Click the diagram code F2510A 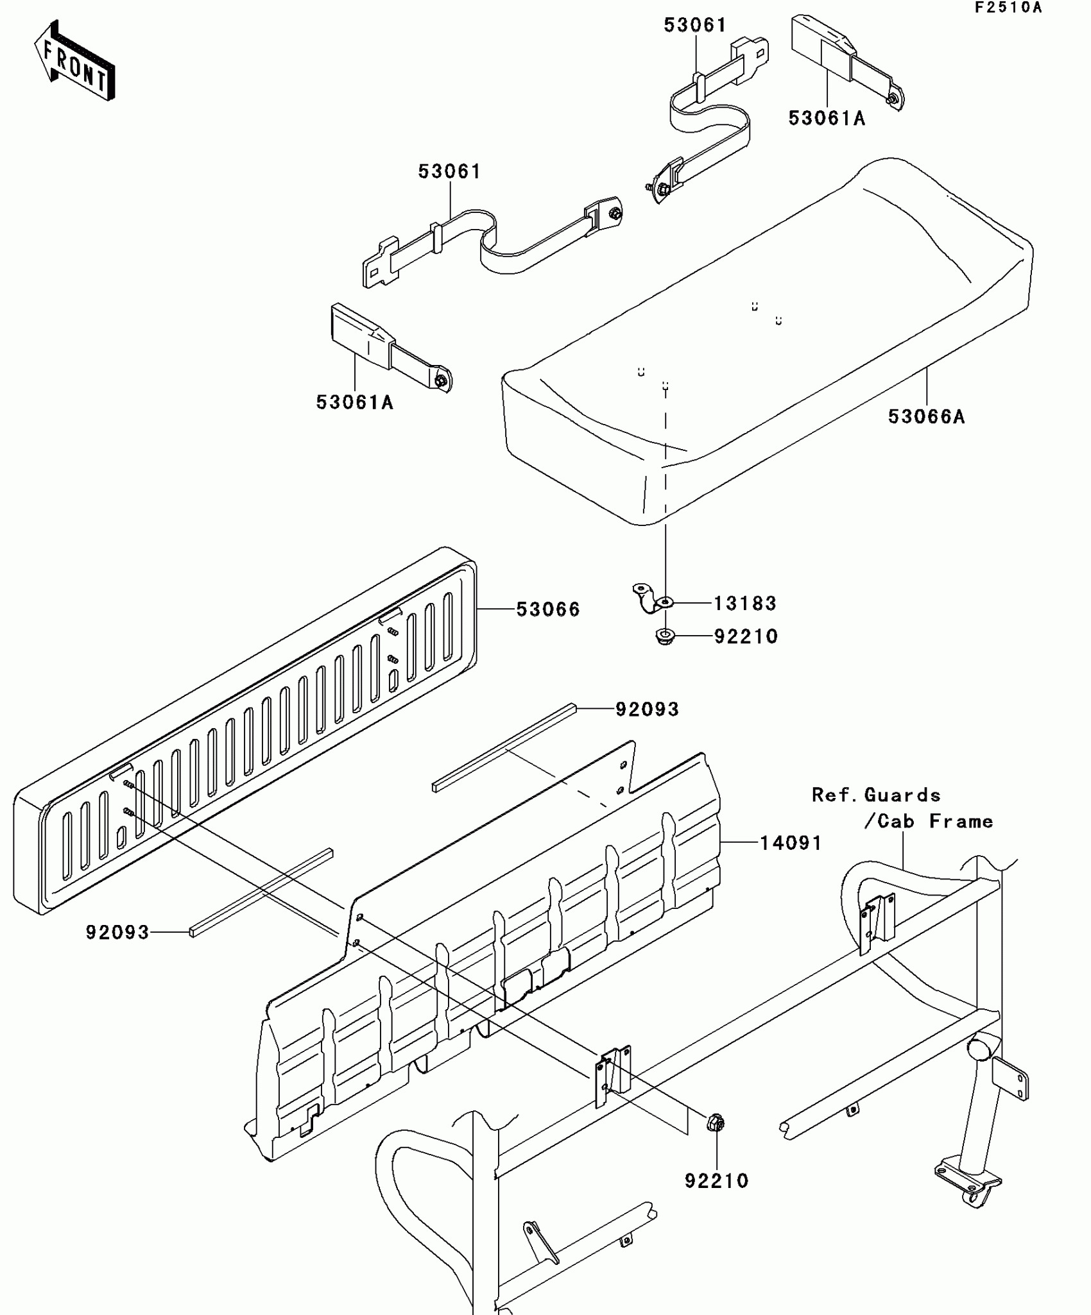click(1008, 8)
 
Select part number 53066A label click(926, 417)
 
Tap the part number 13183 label click(745, 603)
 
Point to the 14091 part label click(791, 843)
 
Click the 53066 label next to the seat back click(548, 609)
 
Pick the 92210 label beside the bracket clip click(746, 637)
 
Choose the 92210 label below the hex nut click(716, 1181)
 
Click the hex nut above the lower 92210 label click(716, 1123)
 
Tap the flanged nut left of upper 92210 click(665, 637)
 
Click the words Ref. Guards click(876, 795)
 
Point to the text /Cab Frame click(928, 822)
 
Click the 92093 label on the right click(647, 709)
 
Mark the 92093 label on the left click(117, 933)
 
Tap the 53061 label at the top click(695, 26)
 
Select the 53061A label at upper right click(827, 119)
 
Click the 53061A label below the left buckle click(354, 403)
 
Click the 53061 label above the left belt click(449, 172)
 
